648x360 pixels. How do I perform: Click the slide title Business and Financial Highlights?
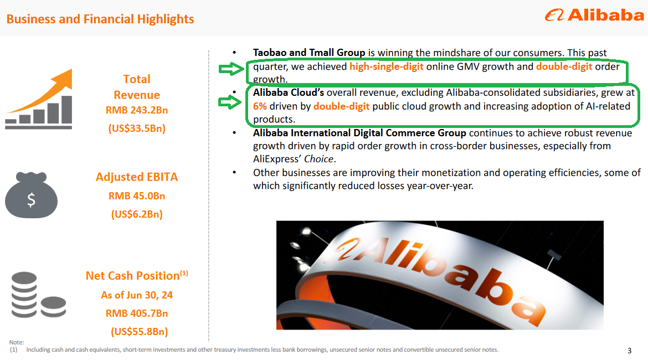click(100, 19)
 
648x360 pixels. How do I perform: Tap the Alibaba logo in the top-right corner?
click(594, 16)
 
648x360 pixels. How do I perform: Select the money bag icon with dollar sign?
click(31, 194)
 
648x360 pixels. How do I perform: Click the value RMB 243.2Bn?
click(137, 110)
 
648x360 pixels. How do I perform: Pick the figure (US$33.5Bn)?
click(137, 128)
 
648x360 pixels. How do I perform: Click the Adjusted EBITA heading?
click(137, 177)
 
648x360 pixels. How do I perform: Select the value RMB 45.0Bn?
click(137, 196)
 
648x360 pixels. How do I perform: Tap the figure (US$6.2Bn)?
click(137, 214)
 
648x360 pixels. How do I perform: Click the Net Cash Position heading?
click(137, 275)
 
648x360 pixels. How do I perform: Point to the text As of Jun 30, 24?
click(137, 295)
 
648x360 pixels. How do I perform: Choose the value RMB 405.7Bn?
click(137, 313)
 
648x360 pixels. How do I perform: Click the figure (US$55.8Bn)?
click(139, 332)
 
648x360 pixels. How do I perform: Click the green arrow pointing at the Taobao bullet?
click(232, 69)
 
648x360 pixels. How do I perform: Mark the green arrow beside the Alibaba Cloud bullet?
click(230, 102)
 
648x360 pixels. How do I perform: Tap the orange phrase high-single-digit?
click(387, 66)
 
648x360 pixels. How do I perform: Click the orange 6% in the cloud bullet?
click(260, 106)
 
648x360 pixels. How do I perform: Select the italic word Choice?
click(318, 159)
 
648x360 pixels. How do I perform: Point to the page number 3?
click(629, 351)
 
